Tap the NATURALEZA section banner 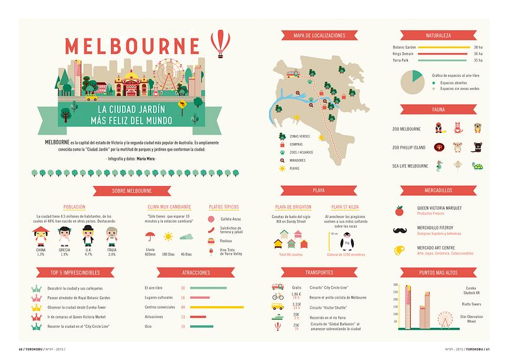pyautogui.click(x=438, y=35)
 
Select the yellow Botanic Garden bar pyautogui.click(x=444, y=47)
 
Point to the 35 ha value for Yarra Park pyautogui.click(x=478, y=61)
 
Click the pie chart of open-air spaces pyautogui.click(x=413, y=80)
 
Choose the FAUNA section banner pyautogui.click(x=438, y=110)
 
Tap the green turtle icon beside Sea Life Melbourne pyautogui.click(x=477, y=165)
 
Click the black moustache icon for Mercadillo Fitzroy pyautogui.click(x=400, y=230)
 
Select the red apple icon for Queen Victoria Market pyautogui.click(x=400, y=211)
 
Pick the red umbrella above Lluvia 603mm pyautogui.click(x=149, y=235)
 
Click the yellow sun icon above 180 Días pyautogui.click(x=168, y=236)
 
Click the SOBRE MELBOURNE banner pyautogui.click(x=132, y=191)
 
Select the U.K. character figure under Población pyautogui.click(x=88, y=235)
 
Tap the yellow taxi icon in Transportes pyautogui.click(x=278, y=307)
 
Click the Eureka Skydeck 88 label pyautogui.click(x=474, y=290)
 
